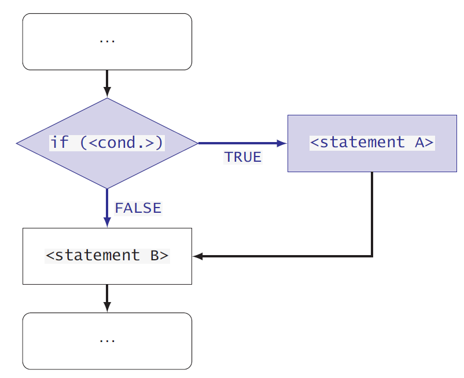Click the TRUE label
coord(243,157)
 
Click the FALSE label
coord(138,208)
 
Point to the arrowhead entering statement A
coord(283,143)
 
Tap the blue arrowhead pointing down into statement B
coord(107,222)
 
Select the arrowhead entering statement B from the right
coord(198,256)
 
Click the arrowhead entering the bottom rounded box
coord(107,307)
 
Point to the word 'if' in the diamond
coord(60,143)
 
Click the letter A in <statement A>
coord(419,143)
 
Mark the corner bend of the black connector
coord(371,256)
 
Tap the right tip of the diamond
coord(197,143)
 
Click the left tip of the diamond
coord(17,143)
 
